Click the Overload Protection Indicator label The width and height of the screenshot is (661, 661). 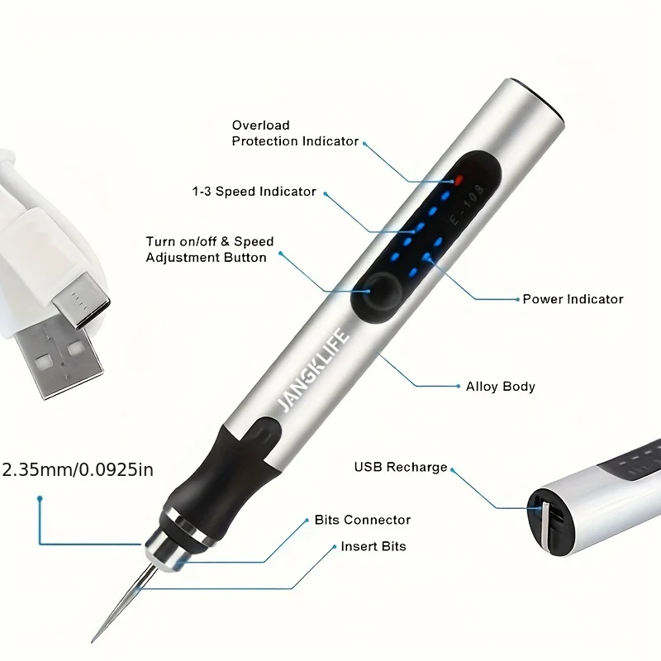coord(295,133)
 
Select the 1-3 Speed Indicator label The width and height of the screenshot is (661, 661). coord(254,192)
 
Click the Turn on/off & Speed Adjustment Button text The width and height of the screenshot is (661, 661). coord(209,250)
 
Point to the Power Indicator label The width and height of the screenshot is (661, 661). coord(573,299)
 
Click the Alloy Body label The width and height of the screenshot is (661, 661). coord(500,386)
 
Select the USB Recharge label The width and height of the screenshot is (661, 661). coord(401,467)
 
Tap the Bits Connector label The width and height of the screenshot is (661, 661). coord(362,520)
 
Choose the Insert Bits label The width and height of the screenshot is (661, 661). coord(373,546)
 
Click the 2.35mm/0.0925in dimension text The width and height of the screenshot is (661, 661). coord(78,470)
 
